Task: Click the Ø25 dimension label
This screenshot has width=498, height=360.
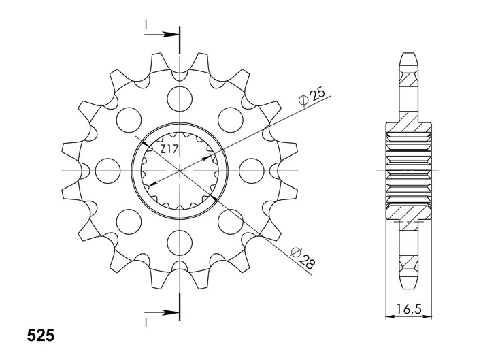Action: (312, 96)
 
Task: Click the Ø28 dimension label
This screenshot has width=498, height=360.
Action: (303, 258)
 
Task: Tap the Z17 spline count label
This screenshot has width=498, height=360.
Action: (169, 149)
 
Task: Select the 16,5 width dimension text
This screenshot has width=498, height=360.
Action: (408, 309)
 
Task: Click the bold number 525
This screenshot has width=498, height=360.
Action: (41, 336)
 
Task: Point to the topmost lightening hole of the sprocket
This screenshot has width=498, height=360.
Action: (180, 99)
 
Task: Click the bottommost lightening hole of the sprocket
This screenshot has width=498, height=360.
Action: (180, 244)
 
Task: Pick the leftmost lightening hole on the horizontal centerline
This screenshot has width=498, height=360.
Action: (108, 171)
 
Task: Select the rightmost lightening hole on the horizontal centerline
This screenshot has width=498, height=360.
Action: (252, 171)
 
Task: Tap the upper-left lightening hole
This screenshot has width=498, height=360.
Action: (129, 120)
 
